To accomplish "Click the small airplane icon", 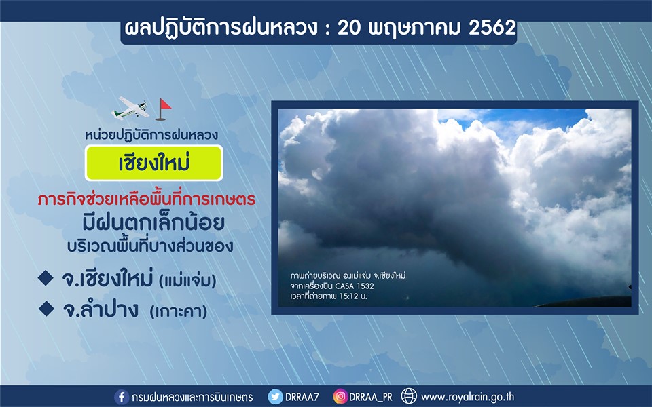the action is (130, 108).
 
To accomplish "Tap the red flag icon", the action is (163, 109).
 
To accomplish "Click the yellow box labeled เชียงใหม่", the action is (154, 163).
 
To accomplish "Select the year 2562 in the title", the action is (492, 28).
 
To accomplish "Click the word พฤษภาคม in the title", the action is (415, 28).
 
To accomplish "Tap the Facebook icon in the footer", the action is (122, 397).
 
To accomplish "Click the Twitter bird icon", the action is (275, 397).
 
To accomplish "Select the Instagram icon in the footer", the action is (340, 397).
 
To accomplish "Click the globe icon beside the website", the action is (409, 396).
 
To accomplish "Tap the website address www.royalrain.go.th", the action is (467, 397).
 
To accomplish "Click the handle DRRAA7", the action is (302, 397).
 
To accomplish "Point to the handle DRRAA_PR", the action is (371, 398).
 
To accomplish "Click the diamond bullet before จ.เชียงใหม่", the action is (46, 278).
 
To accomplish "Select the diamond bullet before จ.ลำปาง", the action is (46, 309).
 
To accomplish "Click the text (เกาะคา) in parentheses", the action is (179, 311).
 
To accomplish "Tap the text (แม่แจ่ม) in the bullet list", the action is (187, 281).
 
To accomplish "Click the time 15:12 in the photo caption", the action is (348, 296).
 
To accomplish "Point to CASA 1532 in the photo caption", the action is (355, 286).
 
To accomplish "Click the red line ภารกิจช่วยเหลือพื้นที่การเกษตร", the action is (147, 199).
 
